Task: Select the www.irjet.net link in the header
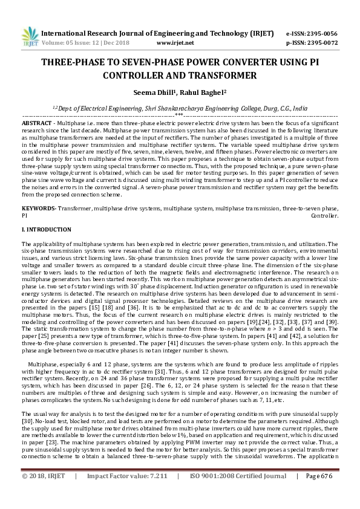tap(175, 44)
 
